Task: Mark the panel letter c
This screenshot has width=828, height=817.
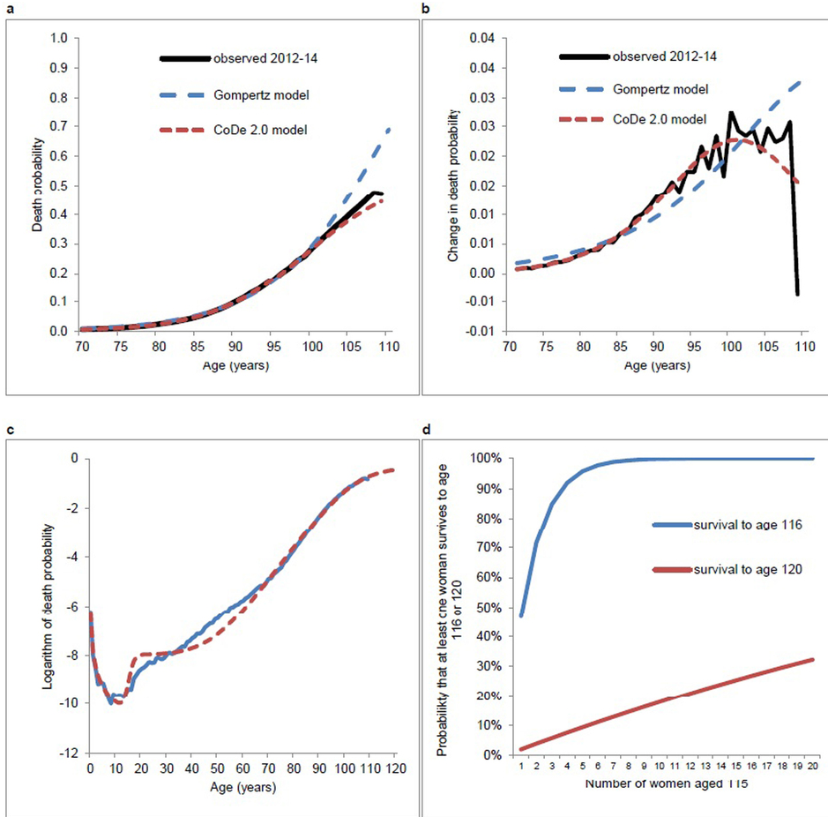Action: click(9, 430)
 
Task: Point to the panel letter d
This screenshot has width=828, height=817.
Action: click(428, 430)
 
